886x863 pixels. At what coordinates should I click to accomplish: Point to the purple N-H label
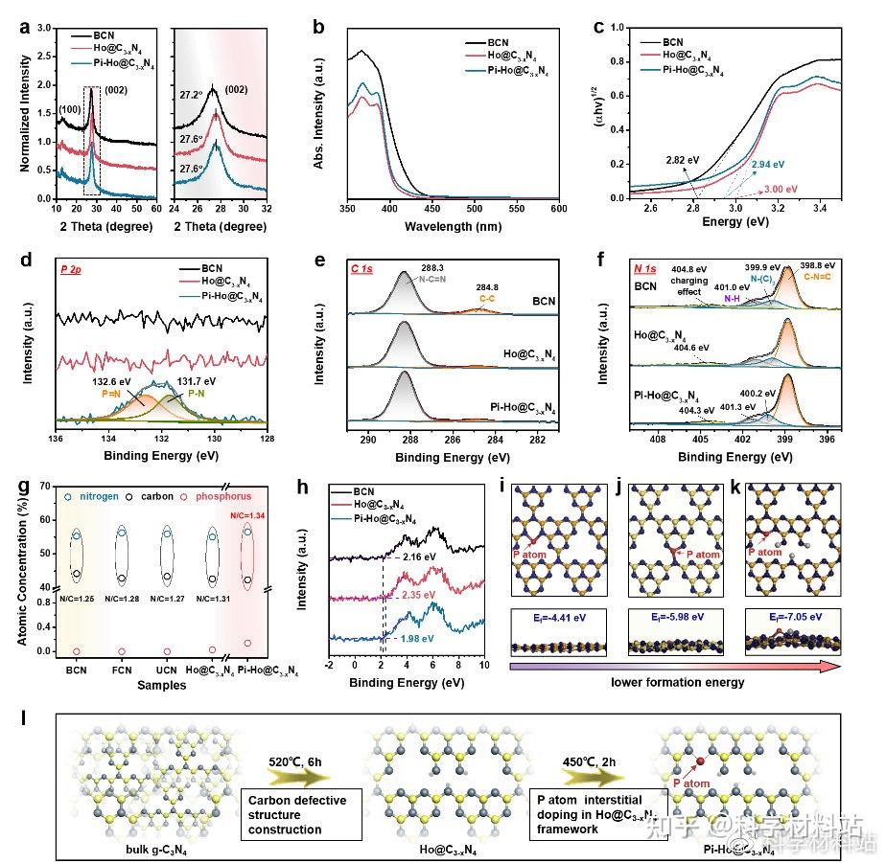(732, 298)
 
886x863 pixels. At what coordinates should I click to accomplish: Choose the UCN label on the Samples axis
(167, 671)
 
